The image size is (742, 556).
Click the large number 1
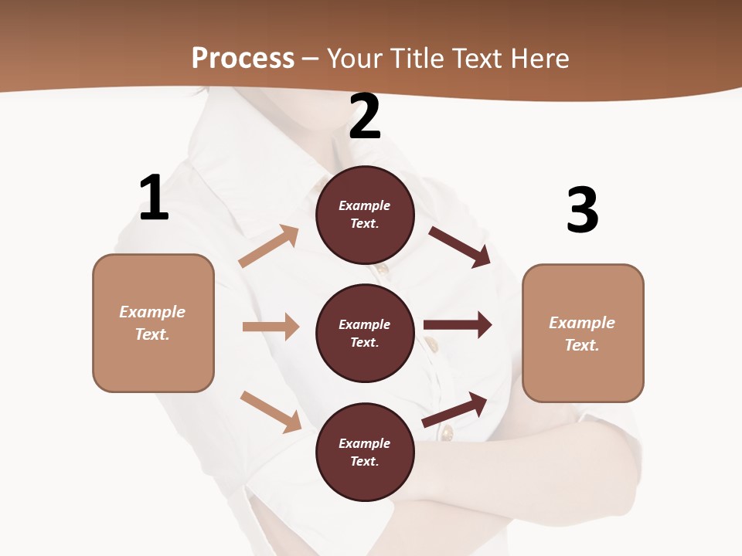click(154, 198)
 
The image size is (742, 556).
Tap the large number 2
click(365, 117)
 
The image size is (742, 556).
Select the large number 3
click(582, 210)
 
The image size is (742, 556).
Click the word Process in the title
click(243, 58)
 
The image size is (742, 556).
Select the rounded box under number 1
click(153, 323)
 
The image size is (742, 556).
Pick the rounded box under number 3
click(583, 333)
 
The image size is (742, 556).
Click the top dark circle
click(365, 215)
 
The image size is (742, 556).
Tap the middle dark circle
click(365, 333)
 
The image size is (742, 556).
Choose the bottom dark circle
click(365, 452)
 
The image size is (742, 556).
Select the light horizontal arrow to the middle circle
click(271, 327)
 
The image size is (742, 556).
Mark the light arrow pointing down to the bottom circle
click(271, 411)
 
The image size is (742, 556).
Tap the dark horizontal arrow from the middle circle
click(458, 324)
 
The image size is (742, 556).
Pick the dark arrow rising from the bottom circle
click(455, 409)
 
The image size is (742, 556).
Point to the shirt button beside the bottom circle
click(447, 433)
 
